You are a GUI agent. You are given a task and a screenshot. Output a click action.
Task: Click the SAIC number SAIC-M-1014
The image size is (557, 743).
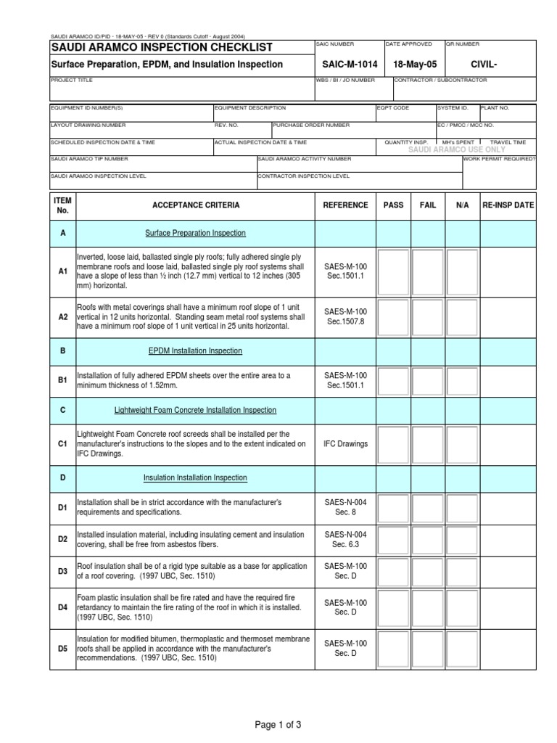tap(345, 65)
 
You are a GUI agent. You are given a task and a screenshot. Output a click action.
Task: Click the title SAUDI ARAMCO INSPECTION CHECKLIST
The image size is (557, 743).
tap(161, 48)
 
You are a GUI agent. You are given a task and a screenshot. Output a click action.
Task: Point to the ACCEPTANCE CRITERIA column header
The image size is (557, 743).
tap(196, 205)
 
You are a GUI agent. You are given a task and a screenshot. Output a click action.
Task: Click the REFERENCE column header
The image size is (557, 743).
tap(345, 205)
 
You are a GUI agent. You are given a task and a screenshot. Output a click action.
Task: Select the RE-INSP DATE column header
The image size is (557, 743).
tap(508, 205)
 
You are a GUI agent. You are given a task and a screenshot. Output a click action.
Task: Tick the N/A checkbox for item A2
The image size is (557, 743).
tap(462, 316)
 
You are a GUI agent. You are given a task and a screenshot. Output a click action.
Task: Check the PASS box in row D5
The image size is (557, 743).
tap(393, 648)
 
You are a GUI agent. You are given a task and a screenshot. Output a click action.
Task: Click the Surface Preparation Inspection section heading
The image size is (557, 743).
tap(195, 233)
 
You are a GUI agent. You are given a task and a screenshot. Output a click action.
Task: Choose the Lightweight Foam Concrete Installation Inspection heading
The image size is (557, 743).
tap(195, 410)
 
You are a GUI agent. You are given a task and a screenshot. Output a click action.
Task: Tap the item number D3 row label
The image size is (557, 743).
tap(62, 570)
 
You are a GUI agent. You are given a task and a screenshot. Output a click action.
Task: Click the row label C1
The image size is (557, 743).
tap(62, 443)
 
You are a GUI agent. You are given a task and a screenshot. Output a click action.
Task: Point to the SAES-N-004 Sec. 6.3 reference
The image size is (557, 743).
tap(345, 539)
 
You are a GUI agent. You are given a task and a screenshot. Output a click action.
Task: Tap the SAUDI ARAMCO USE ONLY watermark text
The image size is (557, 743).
tap(457, 149)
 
